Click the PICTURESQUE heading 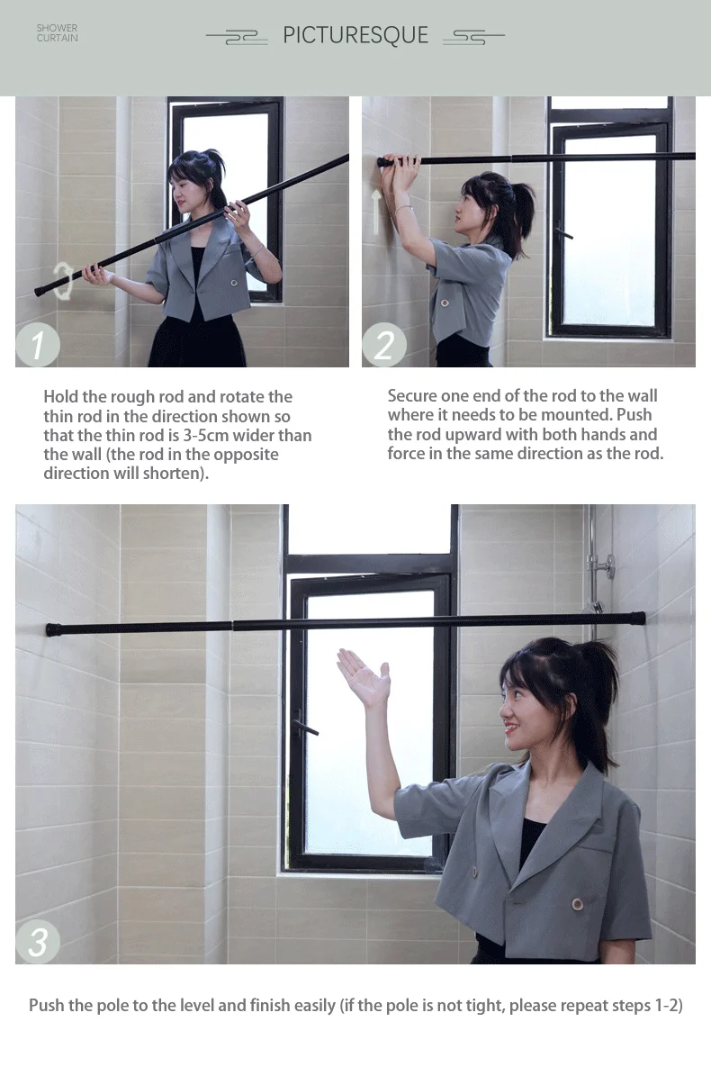pyautogui.click(x=355, y=35)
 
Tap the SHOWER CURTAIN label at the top pyautogui.click(x=57, y=33)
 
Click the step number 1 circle pyautogui.click(x=38, y=344)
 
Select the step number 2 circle pyautogui.click(x=384, y=344)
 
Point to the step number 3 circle pyautogui.click(x=38, y=941)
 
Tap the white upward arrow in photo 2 pyautogui.click(x=376, y=212)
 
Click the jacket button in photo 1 pyautogui.click(x=234, y=283)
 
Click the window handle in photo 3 pyautogui.click(x=305, y=725)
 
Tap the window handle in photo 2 pyautogui.click(x=562, y=234)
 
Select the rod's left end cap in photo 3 pyautogui.click(x=53, y=629)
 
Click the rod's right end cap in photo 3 pyautogui.click(x=638, y=619)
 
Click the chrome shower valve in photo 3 pyautogui.click(x=601, y=565)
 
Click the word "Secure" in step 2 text pyautogui.click(x=412, y=396)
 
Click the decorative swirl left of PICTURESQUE pyautogui.click(x=238, y=38)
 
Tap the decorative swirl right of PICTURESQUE pyautogui.click(x=473, y=37)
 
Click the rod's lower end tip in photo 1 pyautogui.click(x=38, y=292)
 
